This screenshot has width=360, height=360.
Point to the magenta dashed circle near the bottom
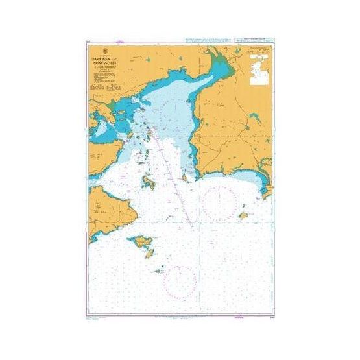click(180, 282)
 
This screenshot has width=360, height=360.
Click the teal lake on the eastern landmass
click(254, 118)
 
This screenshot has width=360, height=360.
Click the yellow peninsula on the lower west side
click(110, 206)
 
